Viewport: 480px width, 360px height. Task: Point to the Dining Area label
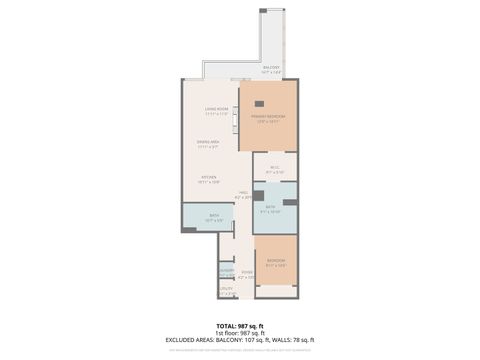208,144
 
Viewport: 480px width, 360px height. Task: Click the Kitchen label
208,180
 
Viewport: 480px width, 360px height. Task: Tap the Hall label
243,195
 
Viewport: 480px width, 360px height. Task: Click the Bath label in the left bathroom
214,217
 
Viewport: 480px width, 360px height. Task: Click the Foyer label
246,272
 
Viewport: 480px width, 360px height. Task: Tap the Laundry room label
226,271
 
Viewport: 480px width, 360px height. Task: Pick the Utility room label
226,291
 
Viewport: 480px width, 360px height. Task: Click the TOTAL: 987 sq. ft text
240,326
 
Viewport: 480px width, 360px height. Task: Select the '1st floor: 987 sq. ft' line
240,333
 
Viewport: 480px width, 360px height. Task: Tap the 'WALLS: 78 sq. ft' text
293,340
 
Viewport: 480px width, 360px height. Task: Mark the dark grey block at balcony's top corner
263,10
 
